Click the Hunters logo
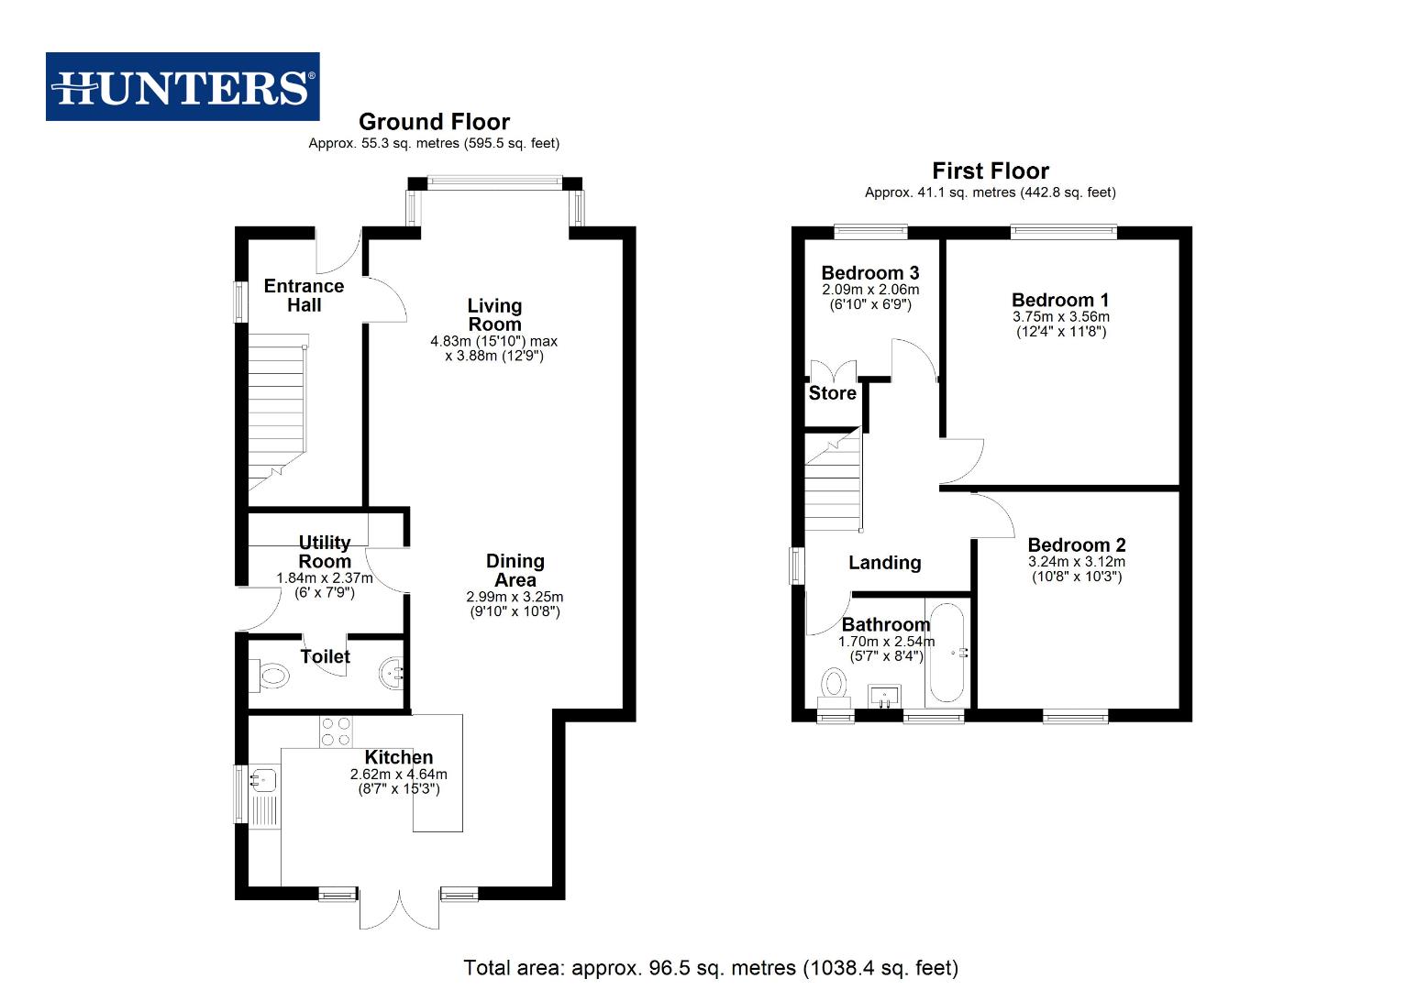click(183, 87)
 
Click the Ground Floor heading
click(434, 122)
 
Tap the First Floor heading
click(991, 171)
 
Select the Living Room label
click(494, 314)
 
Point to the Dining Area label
click(515, 570)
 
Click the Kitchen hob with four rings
click(336, 731)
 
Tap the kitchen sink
click(261, 780)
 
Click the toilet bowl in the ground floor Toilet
click(271, 677)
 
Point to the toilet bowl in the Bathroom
click(834, 684)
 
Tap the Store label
click(833, 393)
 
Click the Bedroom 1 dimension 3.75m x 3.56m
click(1060, 316)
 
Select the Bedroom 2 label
click(1077, 545)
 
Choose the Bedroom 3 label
click(869, 273)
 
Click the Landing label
click(884, 563)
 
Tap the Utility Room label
click(325, 552)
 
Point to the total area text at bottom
click(711, 968)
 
